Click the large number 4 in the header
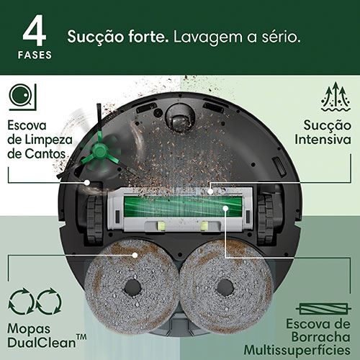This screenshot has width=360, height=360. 35,30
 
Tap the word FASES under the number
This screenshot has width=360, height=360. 35,55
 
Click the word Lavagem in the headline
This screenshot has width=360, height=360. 208,37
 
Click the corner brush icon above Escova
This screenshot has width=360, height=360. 23,97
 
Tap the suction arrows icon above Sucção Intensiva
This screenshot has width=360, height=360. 336,96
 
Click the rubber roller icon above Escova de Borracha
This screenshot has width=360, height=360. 323,309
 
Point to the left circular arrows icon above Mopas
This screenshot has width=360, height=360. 21,302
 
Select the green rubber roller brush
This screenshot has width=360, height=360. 183,207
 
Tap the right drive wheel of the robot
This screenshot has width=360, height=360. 266,219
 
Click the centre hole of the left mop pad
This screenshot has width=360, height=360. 132,287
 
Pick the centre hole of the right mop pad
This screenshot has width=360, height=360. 225,287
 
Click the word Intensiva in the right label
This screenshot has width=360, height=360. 323,140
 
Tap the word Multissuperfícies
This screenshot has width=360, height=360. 297,350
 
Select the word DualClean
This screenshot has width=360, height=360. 42,343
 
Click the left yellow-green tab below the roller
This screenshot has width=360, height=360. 161,226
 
